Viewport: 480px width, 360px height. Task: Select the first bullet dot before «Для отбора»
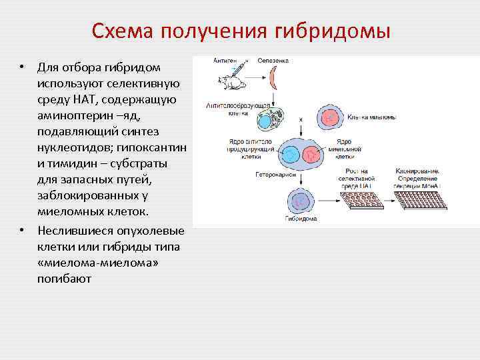click(x=22, y=68)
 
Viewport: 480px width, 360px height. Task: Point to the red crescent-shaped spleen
click(x=273, y=78)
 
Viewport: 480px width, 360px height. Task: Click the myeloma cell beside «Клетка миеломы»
click(x=329, y=116)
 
